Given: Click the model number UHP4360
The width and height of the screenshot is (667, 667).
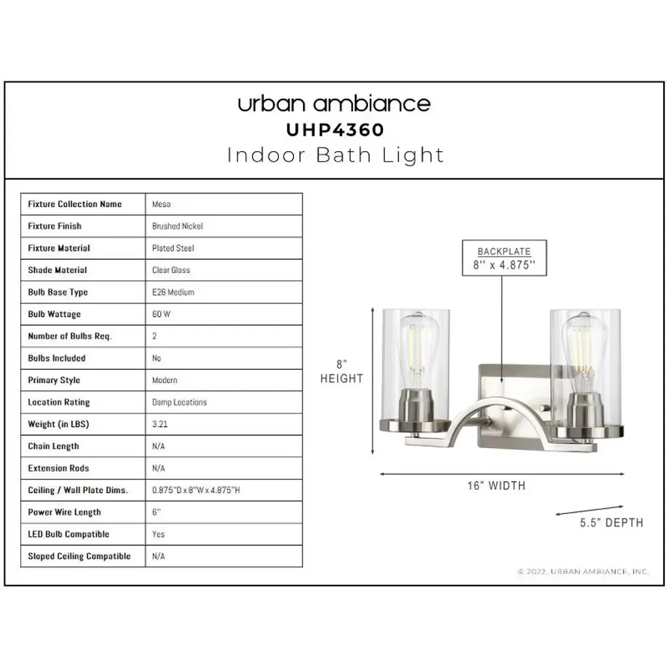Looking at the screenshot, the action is click(335, 130).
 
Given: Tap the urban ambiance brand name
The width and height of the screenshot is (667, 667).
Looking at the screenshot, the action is click(334, 104).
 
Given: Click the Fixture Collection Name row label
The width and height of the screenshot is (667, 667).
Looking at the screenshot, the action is click(75, 204).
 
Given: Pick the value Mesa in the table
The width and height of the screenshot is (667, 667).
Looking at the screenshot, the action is click(162, 204).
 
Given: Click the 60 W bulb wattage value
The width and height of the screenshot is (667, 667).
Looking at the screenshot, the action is click(162, 314).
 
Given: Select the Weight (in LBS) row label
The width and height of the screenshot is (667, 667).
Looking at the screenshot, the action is click(58, 424).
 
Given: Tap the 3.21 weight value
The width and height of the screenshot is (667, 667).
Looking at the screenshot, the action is click(160, 424).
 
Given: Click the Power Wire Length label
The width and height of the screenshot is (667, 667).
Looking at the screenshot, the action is click(64, 512).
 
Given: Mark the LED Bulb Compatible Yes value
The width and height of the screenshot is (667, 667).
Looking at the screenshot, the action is click(158, 534).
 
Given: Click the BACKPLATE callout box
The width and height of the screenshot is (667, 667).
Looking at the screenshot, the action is click(504, 258).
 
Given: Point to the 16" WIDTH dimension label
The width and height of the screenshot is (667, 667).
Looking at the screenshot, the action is click(496, 485).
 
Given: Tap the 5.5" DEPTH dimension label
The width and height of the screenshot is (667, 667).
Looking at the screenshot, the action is click(611, 522).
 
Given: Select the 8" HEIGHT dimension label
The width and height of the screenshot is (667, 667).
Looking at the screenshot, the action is click(341, 371).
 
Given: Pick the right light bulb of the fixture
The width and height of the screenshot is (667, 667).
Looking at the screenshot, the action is click(583, 349).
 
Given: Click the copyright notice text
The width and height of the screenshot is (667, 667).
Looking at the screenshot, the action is click(583, 571).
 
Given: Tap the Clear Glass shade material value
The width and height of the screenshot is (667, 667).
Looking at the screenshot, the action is click(171, 270).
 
